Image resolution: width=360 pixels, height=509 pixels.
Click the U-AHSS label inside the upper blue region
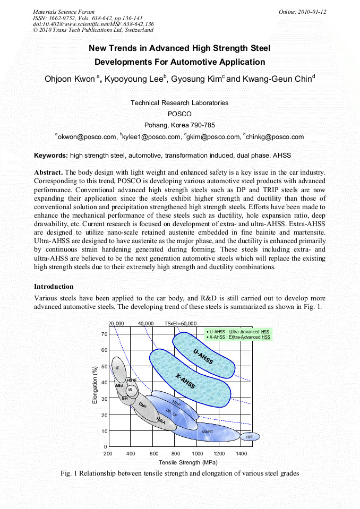click(x=203, y=357)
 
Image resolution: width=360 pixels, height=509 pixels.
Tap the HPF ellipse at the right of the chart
click(x=249, y=437)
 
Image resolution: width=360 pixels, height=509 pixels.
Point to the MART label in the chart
click(x=208, y=432)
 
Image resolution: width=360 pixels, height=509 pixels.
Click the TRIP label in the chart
click(x=176, y=404)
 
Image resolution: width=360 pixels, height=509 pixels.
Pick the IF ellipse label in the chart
click(x=117, y=367)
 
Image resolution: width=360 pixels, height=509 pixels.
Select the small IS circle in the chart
click(x=130, y=390)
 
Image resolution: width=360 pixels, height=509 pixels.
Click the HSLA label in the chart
click(x=161, y=421)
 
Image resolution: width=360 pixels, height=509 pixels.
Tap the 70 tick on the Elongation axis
click(x=104, y=334)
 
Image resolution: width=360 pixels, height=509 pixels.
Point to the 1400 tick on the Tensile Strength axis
click(x=241, y=454)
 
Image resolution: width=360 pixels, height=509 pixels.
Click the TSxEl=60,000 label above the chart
click(x=180, y=323)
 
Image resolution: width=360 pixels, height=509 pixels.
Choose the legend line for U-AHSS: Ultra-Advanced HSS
click(x=238, y=331)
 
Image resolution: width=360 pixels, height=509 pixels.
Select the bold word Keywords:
click(x=51, y=156)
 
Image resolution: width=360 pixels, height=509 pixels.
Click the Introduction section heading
click(x=54, y=287)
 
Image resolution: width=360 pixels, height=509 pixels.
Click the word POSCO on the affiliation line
click(x=179, y=114)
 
